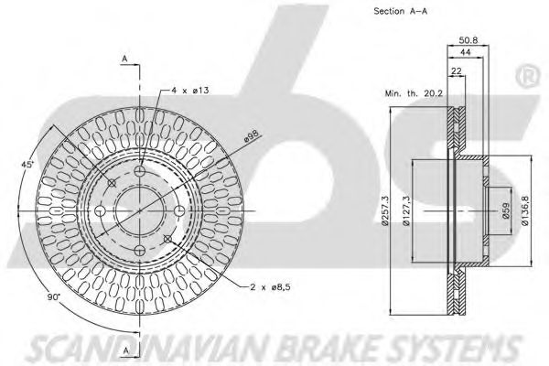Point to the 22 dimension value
click(x=455, y=70)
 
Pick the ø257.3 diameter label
click(x=386, y=211)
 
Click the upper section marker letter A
click(x=124, y=59)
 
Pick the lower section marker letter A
click(x=124, y=338)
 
